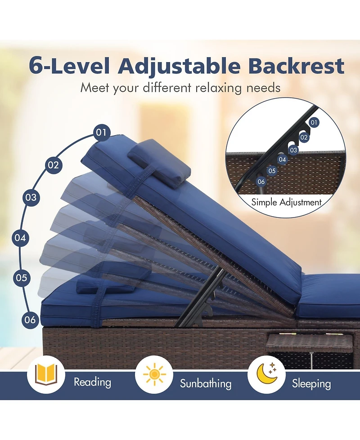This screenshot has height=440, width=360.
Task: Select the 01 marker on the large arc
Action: [x=102, y=132]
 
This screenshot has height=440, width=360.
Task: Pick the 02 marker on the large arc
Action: [x=53, y=165]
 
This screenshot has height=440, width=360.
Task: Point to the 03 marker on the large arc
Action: [x=31, y=197]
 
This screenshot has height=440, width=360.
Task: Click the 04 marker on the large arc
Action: [x=20, y=238]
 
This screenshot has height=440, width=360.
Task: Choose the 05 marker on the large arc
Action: [x=22, y=278]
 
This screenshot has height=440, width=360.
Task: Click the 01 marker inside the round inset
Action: [x=314, y=122]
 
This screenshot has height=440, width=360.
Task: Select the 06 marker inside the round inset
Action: [x=261, y=181]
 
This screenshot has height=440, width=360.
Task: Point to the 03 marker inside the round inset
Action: [x=293, y=150]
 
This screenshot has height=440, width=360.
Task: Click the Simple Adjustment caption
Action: [x=286, y=202]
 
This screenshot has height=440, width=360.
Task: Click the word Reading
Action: [x=92, y=383]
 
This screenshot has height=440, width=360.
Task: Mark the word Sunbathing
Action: [x=206, y=384]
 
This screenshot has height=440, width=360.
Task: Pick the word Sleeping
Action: [x=311, y=384]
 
